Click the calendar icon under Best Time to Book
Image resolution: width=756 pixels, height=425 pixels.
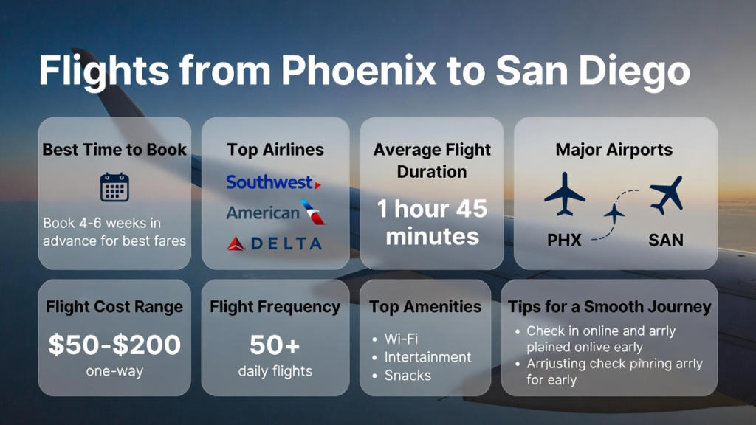point(114,187)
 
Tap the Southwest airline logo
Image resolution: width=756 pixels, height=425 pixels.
point(273,182)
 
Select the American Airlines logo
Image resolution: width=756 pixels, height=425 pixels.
point(276,212)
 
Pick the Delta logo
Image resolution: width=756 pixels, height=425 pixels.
point(275,243)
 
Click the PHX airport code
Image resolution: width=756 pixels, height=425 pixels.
point(564,240)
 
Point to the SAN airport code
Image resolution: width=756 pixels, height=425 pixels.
point(666,240)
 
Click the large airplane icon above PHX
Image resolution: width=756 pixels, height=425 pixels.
point(565,194)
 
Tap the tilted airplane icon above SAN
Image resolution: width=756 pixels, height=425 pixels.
point(667,195)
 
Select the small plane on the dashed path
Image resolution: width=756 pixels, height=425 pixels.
point(614,213)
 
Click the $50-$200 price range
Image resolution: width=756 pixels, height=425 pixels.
point(114,345)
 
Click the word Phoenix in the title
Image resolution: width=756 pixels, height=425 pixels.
point(358,70)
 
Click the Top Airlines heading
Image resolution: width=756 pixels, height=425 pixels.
point(275,149)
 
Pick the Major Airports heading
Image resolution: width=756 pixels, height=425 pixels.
point(614,149)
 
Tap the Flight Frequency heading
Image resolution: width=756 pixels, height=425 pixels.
point(275,307)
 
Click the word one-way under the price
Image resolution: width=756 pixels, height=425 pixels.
point(114,371)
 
